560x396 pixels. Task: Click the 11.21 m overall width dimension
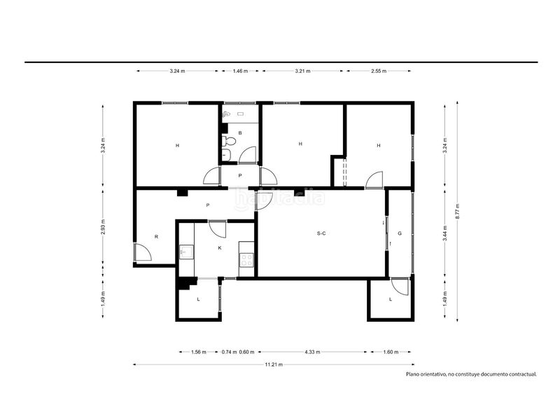coord(274,364)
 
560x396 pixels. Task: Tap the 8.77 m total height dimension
coord(458,212)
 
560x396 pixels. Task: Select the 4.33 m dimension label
coord(312,352)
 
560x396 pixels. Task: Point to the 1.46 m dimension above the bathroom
coord(240,71)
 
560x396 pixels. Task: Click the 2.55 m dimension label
coord(379,71)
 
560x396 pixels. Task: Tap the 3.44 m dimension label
coord(445,233)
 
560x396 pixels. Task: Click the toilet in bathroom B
coord(229,141)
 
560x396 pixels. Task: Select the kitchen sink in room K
coord(185,252)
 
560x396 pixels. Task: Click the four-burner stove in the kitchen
coord(246,260)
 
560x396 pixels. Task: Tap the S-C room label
coord(321,233)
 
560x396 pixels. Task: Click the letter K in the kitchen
coord(220,247)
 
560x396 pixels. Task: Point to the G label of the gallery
coord(400,233)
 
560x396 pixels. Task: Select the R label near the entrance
coord(156,237)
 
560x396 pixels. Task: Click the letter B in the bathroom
coord(240,133)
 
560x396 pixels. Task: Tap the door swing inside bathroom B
coord(247,155)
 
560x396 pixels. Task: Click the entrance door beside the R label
coord(143,252)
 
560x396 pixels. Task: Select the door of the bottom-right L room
coord(400,287)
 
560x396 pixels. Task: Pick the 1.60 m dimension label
coord(391,352)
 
